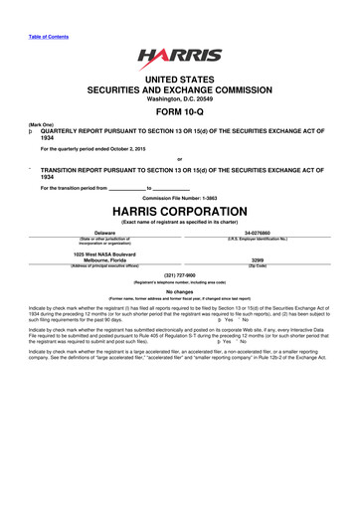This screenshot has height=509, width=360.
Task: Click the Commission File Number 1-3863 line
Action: pos(179,197)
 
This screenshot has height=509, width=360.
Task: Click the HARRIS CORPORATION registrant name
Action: pos(179,211)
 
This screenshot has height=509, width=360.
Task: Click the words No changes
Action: pos(179,291)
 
